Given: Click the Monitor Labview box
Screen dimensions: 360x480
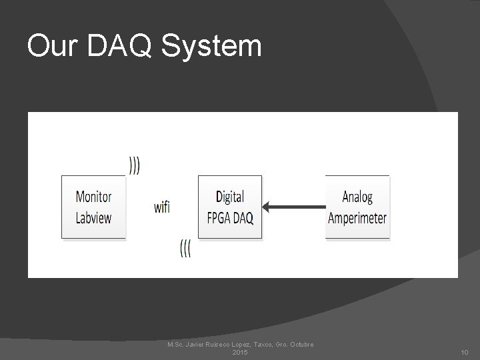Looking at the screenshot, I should [x=93, y=207].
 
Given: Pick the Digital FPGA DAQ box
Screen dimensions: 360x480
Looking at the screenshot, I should [x=230, y=207].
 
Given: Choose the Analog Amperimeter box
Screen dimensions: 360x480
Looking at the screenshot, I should [x=357, y=207].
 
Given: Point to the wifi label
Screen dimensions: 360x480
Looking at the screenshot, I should [x=162, y=207].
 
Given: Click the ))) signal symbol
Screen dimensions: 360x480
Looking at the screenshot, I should [x=135, y=165].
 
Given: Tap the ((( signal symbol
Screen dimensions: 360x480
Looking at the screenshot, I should [x=185, y=249].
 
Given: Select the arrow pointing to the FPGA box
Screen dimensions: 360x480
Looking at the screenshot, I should [x=294, y=207].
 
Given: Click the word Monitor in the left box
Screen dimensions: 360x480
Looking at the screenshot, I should [x=93, y=197].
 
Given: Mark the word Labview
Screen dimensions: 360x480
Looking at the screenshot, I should [x=93, y=217].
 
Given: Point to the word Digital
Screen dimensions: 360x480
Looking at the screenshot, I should [x=230, y=197].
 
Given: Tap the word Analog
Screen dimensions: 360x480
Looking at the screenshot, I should [x=357, y=197].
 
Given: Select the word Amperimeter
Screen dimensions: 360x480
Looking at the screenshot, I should [x=357, y=217].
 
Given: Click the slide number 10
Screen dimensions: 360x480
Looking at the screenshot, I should [x=464, y=352].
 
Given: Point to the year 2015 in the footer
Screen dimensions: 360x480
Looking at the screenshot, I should [x=240, y=352].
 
